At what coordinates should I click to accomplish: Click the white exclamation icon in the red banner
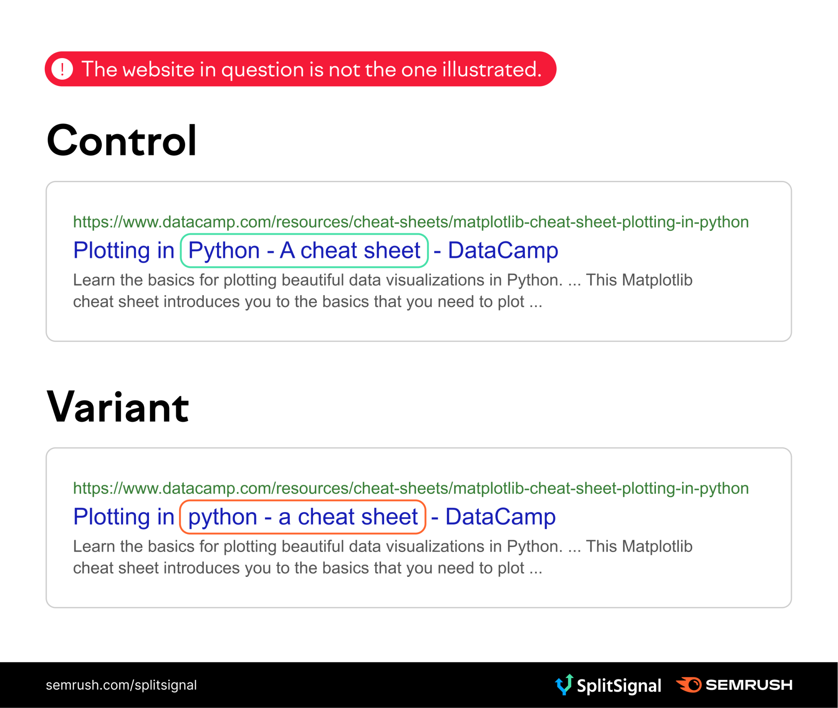coord(62,69)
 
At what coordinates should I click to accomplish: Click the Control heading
coord(122,141)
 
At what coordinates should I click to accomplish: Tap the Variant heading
coord(118,408)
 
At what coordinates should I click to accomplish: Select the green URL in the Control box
coord(411,222)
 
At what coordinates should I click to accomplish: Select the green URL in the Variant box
coord(411,488)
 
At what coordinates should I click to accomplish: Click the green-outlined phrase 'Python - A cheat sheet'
coord(304,251)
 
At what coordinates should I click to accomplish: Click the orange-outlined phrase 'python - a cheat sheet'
coord(302,517)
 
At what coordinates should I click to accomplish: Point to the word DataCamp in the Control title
coord(503,250)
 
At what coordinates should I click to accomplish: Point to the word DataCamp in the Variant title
coord(500,517)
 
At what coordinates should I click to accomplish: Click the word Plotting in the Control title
coord(112,251)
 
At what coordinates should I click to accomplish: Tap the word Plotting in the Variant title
coord(112,517)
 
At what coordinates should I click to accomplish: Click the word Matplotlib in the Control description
coord(657,280)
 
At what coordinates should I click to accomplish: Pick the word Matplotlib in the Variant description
coord(657,547)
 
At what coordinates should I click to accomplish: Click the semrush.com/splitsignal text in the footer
coord(121,685)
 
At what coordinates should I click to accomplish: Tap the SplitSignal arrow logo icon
coord(564,684)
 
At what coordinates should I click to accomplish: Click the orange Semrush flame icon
coord(689,685)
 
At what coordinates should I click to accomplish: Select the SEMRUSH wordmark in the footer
coord(749,685)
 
